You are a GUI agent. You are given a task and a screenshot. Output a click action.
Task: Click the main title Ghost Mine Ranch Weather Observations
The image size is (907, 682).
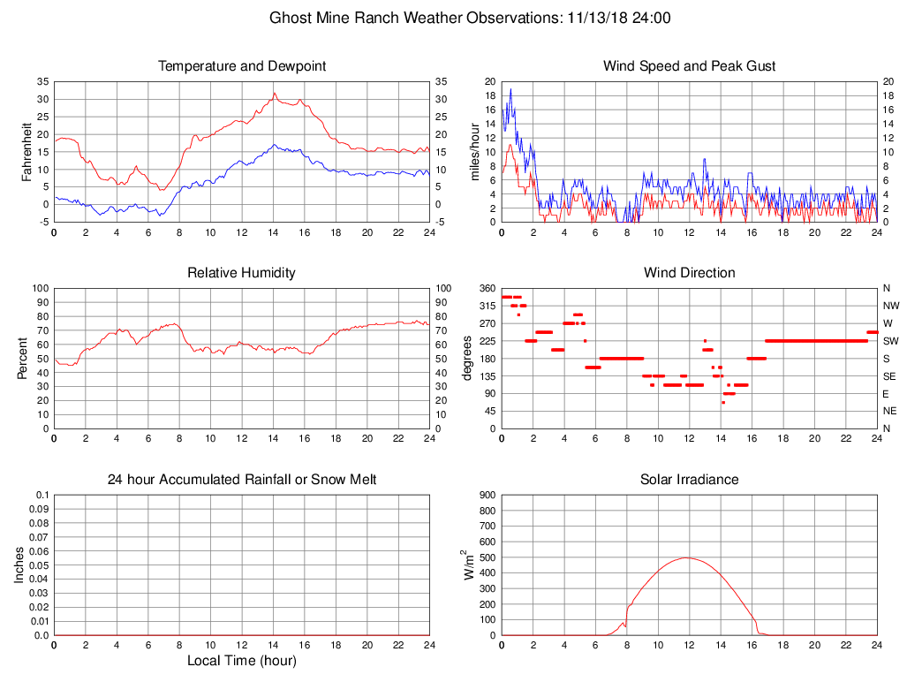(x=470, y=18)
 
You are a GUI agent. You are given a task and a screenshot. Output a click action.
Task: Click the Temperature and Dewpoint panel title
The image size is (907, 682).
(x=242, y=66)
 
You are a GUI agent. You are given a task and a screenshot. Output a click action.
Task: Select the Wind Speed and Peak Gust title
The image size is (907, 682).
(x=689, y=66)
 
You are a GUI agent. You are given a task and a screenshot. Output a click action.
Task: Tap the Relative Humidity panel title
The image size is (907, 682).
(x=242, y=273)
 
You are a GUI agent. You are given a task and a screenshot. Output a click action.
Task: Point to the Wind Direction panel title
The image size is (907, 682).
(x=689, y=273)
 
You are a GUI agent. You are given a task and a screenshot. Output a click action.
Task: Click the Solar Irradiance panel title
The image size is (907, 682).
(x=689, y=480)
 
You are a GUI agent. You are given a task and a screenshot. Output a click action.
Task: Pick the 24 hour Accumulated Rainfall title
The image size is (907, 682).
(x=242, y=480)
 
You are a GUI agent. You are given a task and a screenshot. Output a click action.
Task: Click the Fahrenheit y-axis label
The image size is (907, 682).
(x=26, y=151)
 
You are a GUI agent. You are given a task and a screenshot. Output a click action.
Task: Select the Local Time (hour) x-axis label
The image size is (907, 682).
(x=242, y=661)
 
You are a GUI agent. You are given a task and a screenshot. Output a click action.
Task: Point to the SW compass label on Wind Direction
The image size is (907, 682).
(x=890, y=341)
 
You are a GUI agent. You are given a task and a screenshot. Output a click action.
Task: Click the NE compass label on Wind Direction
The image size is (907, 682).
(x=890, y=411)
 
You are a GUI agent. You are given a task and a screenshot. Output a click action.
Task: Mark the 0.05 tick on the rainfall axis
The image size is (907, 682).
(x=39, y=565)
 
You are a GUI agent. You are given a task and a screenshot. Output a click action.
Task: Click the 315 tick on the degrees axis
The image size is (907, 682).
(x=488, y=306)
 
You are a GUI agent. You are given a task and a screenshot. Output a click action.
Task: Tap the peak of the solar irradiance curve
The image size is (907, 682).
(x=686, y=557)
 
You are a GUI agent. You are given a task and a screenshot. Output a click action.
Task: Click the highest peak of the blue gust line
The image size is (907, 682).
(x=510, y=88)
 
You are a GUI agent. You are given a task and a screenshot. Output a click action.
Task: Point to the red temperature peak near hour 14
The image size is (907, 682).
(x=275, y=93)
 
